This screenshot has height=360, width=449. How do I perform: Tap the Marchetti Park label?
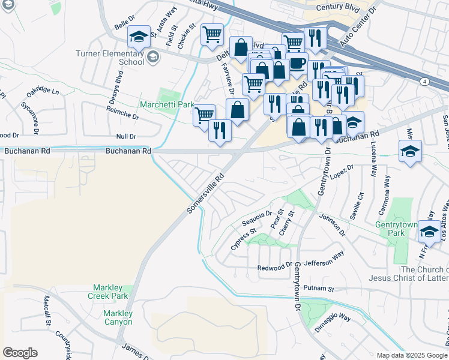point(167,104)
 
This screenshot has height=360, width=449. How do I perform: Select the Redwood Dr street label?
point(274,267)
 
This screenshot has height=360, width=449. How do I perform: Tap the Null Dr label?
point(127,137)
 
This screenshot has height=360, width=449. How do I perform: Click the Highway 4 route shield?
point(424,81)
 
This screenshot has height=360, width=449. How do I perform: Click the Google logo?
point(20,353)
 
